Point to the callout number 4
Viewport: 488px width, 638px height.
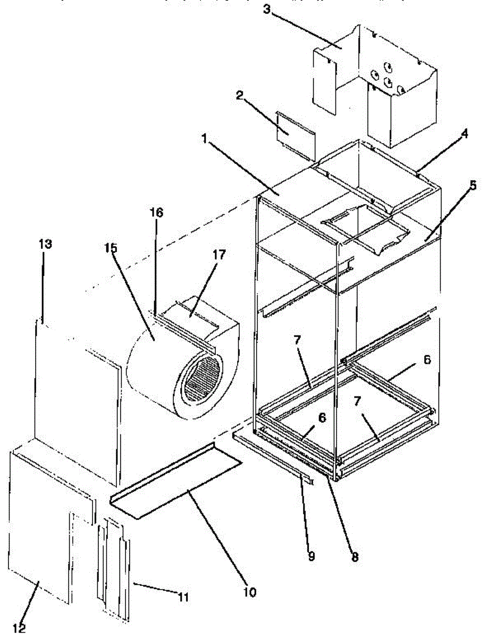pos(464,135)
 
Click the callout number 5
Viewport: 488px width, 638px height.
pos(473,186)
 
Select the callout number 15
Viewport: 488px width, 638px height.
pos(111,248)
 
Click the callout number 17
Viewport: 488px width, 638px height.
pos(218,255)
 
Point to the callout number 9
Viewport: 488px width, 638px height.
pos(311,556)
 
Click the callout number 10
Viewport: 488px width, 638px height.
pos(249,591)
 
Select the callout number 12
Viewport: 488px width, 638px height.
pos(20,628)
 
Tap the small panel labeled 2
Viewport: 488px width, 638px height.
pos(296,133)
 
